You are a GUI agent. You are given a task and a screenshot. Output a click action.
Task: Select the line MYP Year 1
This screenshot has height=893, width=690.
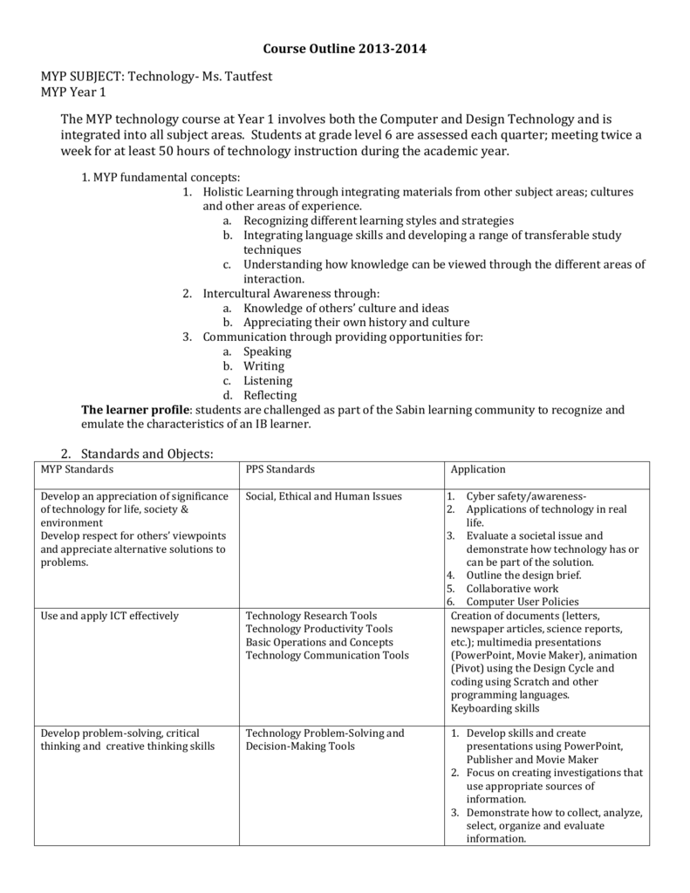pyautogui.click(x=73, y=92)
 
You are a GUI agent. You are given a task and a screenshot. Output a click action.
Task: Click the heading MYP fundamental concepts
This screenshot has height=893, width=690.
pyautogui.click(x=149, y=177)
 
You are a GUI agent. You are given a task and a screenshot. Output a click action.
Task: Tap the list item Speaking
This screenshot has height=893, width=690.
pyautogui.click(x=267, y=351)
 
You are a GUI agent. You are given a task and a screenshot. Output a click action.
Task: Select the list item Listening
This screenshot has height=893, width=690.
pyautogui.click(x=268, y=381)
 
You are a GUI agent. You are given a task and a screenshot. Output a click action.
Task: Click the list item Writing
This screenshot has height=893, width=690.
pyautogui.click(x=263, y=366)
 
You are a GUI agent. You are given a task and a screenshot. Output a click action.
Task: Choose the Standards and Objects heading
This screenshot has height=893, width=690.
pyautogui.click(x=147, y=453)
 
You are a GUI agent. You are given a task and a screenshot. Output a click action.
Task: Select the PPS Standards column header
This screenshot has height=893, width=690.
pyautogui.click(x=280, y=470)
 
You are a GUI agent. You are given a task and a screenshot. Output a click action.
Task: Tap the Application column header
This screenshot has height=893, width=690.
pyautogui.click(x=478, y=470)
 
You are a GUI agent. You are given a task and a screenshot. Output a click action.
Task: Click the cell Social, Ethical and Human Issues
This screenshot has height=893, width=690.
pyautogui.click(x=324, y=497)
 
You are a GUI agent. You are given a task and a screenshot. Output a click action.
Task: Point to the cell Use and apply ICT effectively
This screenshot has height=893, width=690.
pyautogui.click(x=109, y=616)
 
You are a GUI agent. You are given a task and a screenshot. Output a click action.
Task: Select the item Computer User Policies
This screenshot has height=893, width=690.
pyautogui.click(x=522, y=602)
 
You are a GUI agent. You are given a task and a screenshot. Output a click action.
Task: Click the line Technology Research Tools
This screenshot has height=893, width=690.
pyautogui.click(x=311, y=616)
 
